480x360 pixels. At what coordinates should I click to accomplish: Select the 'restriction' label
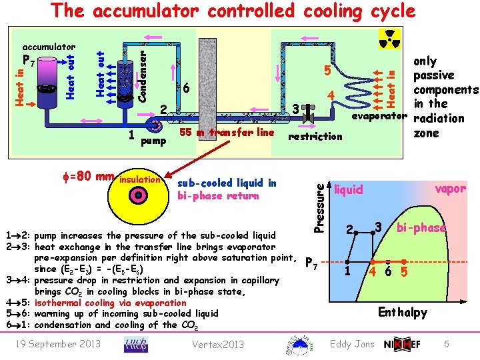tap(314, 137)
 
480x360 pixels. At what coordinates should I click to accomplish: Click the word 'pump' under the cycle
tap(155, 141)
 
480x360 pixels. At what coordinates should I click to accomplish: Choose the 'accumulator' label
tap(49, 47)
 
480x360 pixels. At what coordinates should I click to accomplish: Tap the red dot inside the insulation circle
tap(138, 195)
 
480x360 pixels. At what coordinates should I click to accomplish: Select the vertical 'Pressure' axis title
tap(320, 199)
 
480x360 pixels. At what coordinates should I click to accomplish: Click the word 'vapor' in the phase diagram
tap(450, 189)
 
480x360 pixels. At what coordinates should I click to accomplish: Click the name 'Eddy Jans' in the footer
tap(353, 343)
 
